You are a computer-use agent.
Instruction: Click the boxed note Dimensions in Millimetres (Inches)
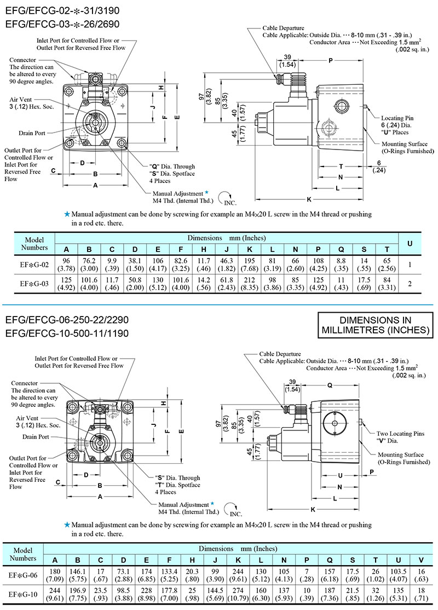coord(376,325)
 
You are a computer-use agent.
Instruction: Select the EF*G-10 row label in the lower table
coord(23,594)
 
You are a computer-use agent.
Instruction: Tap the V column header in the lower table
coord(420,560)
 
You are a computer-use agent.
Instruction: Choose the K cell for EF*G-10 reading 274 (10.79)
coord(238,594)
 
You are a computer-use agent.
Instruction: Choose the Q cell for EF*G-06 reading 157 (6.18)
coord(330,574)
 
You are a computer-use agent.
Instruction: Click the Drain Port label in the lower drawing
coord(36,436)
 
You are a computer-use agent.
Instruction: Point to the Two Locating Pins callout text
coord(400,433)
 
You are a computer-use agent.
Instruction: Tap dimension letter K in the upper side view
coord(309,198)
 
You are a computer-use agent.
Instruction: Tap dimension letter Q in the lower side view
coord(330,385)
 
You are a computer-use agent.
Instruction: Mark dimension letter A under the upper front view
coord(95,186)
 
